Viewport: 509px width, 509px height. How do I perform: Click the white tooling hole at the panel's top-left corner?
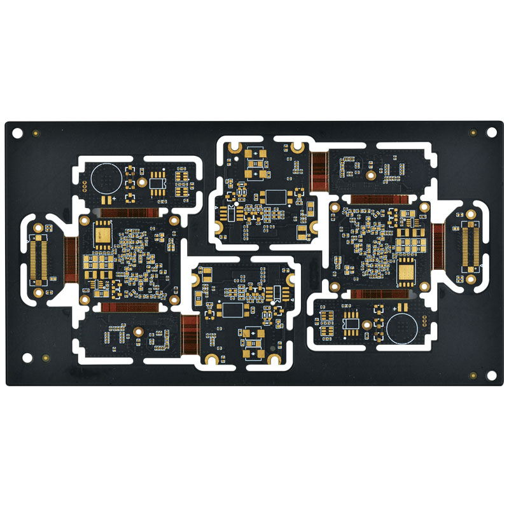[x=17, y=133]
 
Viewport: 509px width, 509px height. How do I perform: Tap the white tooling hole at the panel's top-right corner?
[x=491, y=132]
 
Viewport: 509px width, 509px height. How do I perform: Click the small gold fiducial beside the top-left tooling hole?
[x=36, y=133]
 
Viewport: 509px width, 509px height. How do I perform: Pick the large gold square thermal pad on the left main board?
[x=102, y=236]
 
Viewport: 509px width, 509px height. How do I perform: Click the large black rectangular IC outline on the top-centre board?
[x=276, y=197]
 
